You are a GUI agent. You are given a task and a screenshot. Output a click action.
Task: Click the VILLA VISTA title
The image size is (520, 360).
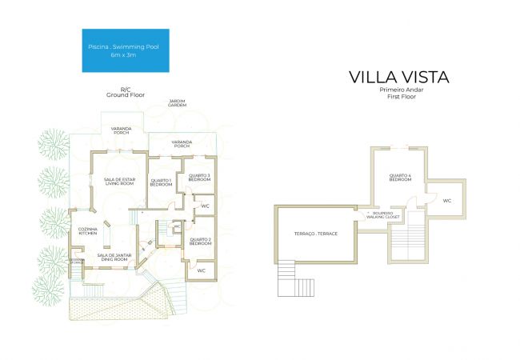(x=398, y=77)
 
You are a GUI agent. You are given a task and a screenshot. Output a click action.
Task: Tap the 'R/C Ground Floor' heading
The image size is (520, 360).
(x=124, y=93)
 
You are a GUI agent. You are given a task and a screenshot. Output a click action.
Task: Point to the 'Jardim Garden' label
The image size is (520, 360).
(x=177, y=104)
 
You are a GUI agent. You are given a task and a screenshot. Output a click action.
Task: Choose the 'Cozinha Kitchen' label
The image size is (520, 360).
(x=87, y=231)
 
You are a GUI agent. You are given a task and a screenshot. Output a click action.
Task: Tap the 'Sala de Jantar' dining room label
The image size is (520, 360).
(x=113, y=257)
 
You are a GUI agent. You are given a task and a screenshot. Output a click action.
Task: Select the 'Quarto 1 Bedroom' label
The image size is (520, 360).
(x=162, y=182)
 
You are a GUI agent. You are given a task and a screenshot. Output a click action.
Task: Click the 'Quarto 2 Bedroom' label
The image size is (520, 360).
(x=200, y=241)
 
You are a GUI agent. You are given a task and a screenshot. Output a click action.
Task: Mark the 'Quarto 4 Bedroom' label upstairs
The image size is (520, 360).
(x=400, y=178)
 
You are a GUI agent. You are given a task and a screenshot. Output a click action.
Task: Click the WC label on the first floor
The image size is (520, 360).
(x=447, y=200)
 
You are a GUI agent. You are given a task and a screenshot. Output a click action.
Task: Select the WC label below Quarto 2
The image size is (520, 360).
(x=202, y=271)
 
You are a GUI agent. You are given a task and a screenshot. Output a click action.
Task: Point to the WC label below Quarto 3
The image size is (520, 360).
(x=205, y=206)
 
